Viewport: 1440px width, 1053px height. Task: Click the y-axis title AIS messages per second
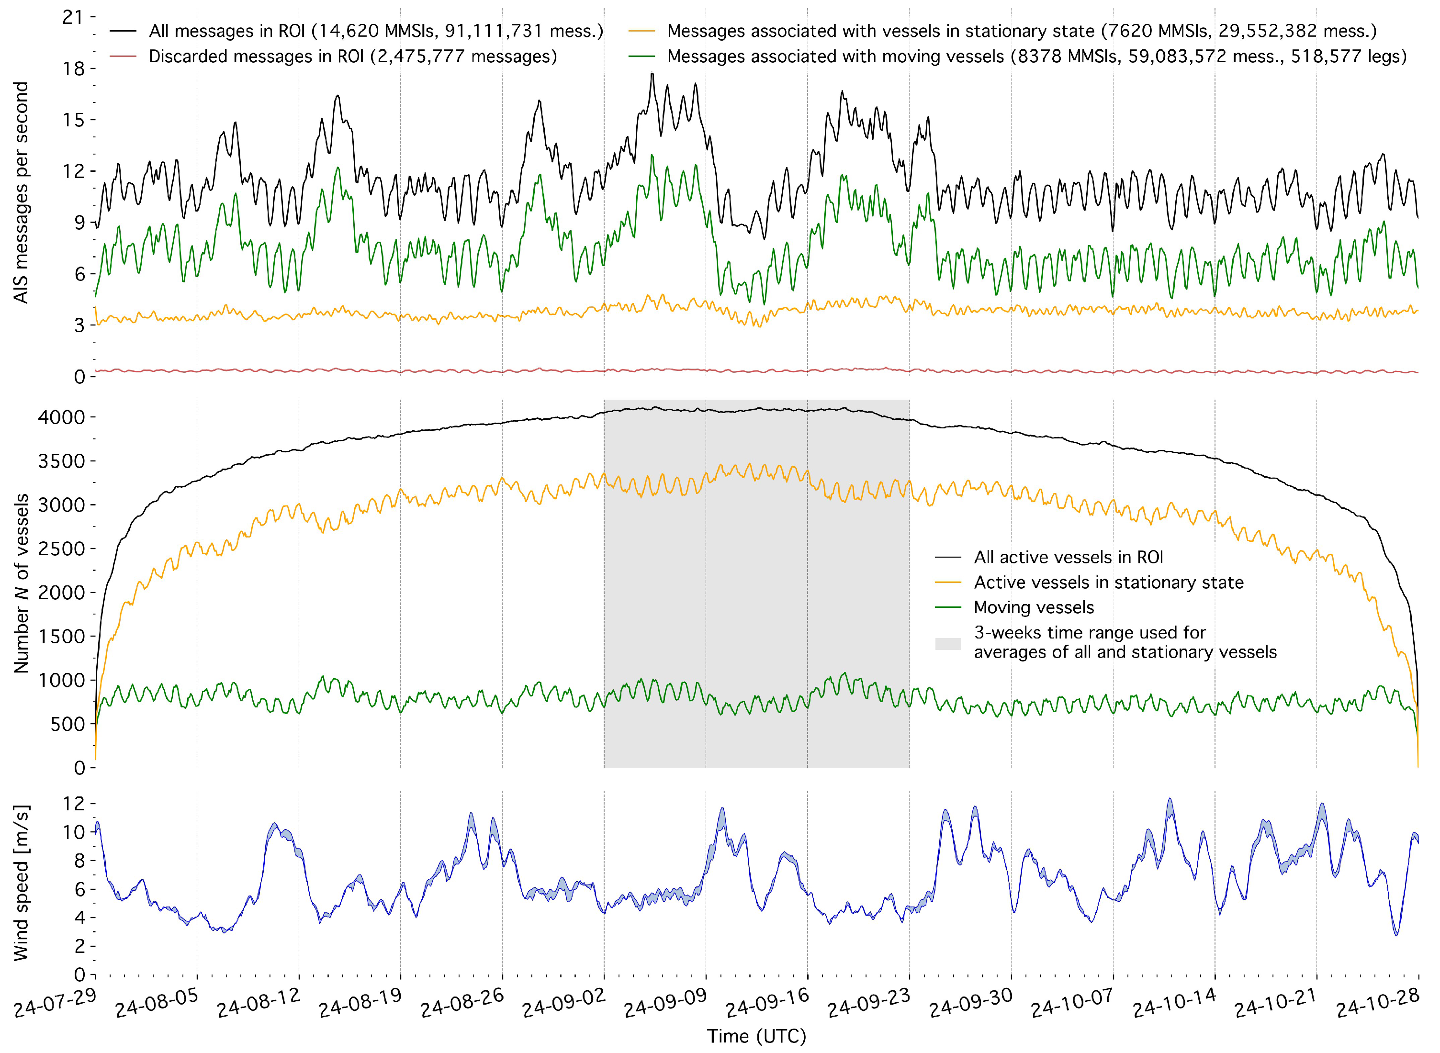coord(21,192)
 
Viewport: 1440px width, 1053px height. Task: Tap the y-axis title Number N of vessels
coord(21,584)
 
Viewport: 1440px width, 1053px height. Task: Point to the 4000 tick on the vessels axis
coord(61,417)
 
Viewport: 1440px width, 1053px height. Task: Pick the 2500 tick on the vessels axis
coord(61,549)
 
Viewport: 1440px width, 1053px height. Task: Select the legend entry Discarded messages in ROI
coord(352,57)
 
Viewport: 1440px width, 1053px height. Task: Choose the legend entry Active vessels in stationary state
coord(1108,583)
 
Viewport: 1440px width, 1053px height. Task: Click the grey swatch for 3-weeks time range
coord(948,644)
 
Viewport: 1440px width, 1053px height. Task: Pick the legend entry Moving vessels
coord(1033,607)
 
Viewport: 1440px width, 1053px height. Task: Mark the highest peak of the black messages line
coord(652,74)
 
